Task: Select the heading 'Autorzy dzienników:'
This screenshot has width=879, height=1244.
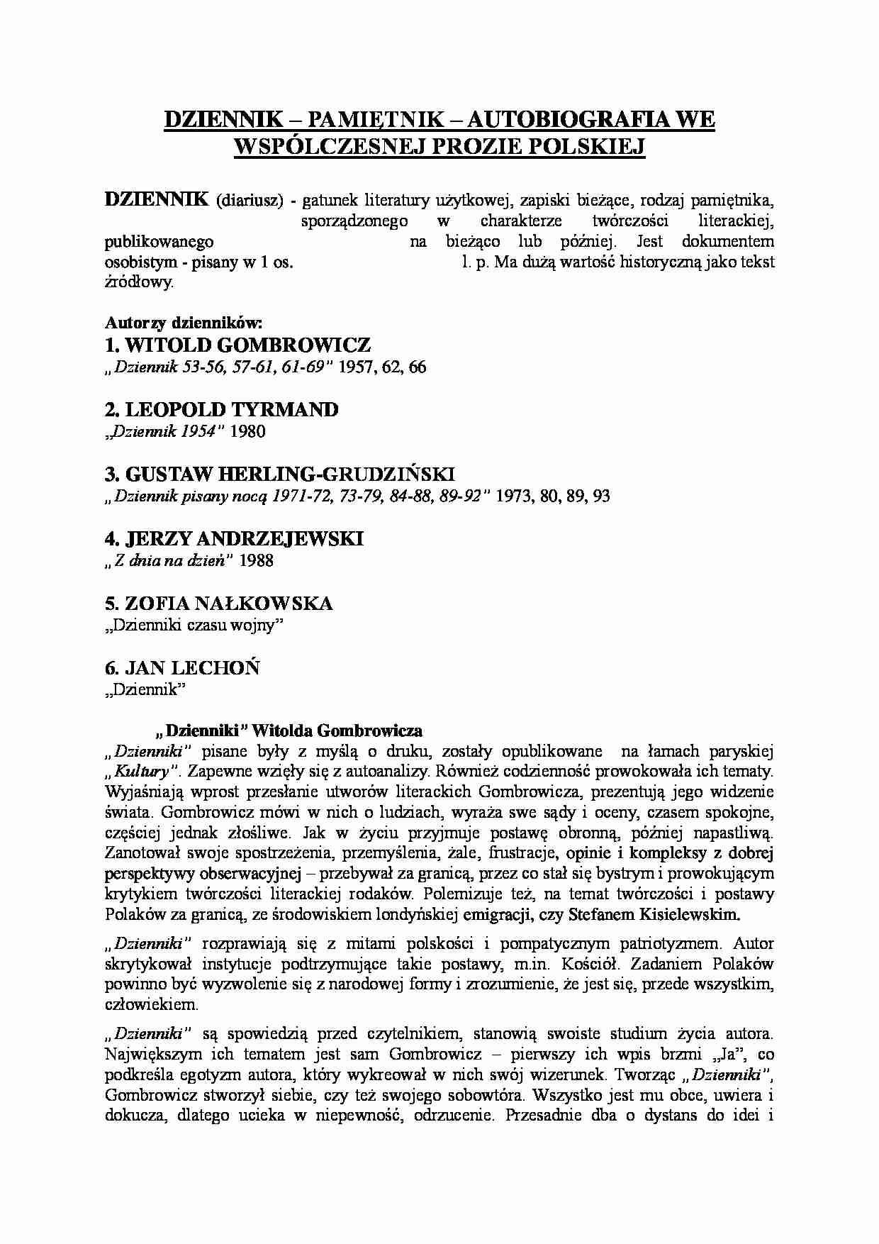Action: (x=184, y=323)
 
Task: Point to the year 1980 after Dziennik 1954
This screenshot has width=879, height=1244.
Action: (x=247, y=432)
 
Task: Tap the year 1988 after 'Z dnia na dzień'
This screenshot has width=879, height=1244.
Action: (x=256, y=561)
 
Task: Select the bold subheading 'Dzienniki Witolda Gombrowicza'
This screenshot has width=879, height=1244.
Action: (x=289, y=731)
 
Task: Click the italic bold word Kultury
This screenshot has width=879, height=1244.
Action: (x=141, y=772)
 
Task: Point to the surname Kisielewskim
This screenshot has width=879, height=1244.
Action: (x=690, y=915)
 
